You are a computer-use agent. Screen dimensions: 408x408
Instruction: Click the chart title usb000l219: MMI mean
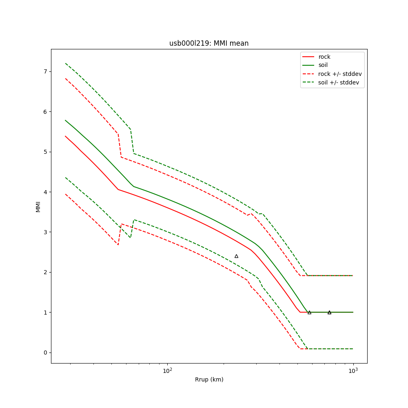[x=209, y=43]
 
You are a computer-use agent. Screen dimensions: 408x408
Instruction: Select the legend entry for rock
[x=324, y=57]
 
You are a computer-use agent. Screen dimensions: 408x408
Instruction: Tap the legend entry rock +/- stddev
[x=340, y=74]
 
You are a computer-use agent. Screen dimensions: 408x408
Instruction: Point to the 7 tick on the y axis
[x=45, y=71]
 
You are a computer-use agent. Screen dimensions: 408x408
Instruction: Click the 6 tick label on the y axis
[x=45, y=112]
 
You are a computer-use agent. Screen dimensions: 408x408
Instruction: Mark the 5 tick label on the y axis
[x=45, y=152]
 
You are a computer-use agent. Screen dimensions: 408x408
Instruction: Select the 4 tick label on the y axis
[x=45, y=192]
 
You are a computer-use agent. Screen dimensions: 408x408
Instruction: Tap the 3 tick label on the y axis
[x=45, y=232]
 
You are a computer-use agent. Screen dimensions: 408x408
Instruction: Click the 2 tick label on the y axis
[x=45, y=272]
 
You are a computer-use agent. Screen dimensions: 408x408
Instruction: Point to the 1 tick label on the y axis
[x=45, y=313]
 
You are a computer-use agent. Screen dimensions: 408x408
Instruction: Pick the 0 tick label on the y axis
[x=45, y=353]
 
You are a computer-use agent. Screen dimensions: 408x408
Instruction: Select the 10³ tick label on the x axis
[x=353, y=371]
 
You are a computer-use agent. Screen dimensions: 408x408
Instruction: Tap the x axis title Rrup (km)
[x=209, y=379]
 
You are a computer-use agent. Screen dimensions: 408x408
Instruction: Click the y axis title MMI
[x=38, y=206]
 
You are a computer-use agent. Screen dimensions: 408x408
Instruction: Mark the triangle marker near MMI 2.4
[x=236, y=256]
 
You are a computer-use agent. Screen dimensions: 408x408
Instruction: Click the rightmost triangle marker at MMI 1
[x=329, y=313]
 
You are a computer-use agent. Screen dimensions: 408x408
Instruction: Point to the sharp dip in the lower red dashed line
[x=118, y=244]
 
